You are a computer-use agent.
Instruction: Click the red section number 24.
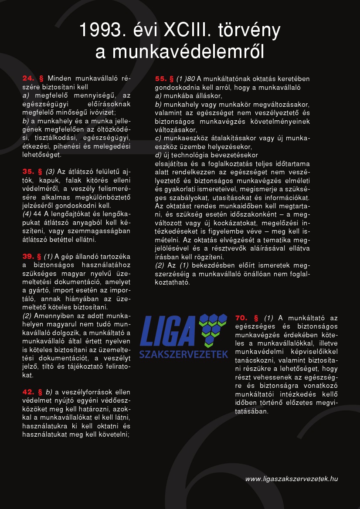pyautogui.click(x=28, y=78)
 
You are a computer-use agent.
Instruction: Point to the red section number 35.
pyautogui.click(x=28, y=172)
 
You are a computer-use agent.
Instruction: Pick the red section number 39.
pyautogui.click(x=28, y=256)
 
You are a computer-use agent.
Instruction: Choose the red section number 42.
pyautogui.click(x=28, y=392)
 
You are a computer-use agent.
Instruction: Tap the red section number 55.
pyautogui.click(x=161, y=79)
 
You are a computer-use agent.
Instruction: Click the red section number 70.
pyautogui.click(x=241, y=318)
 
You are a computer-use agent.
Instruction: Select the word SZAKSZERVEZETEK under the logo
pyautogui.click(x=183, y=354)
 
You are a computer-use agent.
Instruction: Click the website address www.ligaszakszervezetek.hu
pyautogui.click(x=292, y=479)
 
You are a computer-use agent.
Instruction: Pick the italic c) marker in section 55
pyautogui.click(x=158, y=138)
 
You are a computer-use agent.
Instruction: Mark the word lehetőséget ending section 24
pyautogui.click(x=42, y=155)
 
